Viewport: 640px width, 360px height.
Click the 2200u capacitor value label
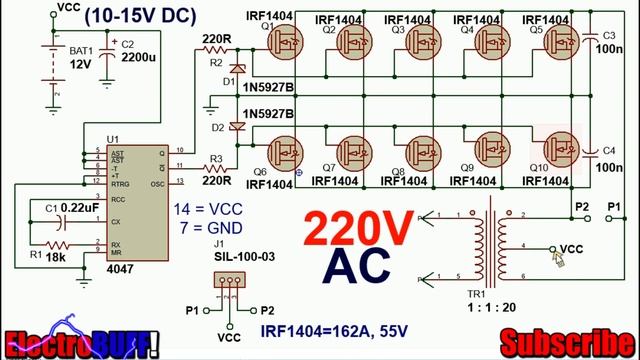[x=140, y=58]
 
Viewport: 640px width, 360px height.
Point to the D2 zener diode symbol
[x=236, y=126]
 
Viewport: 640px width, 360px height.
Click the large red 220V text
[x=358, y=231]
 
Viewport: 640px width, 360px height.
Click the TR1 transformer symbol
[x=491, y=245]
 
